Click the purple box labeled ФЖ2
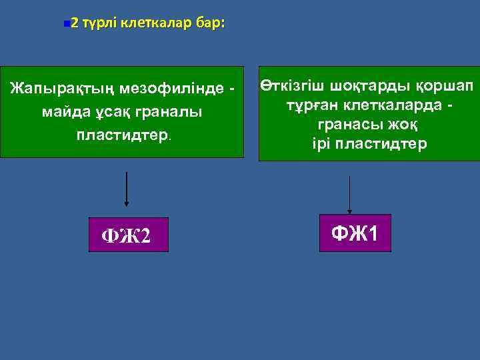pyautogui.click(x=129, y=235)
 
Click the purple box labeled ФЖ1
pyautogui.click(x=355, y=233)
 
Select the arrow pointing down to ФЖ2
pyautogui.click(x=127, y=189)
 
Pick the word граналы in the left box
pyautogui.click(x=171, y=111)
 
